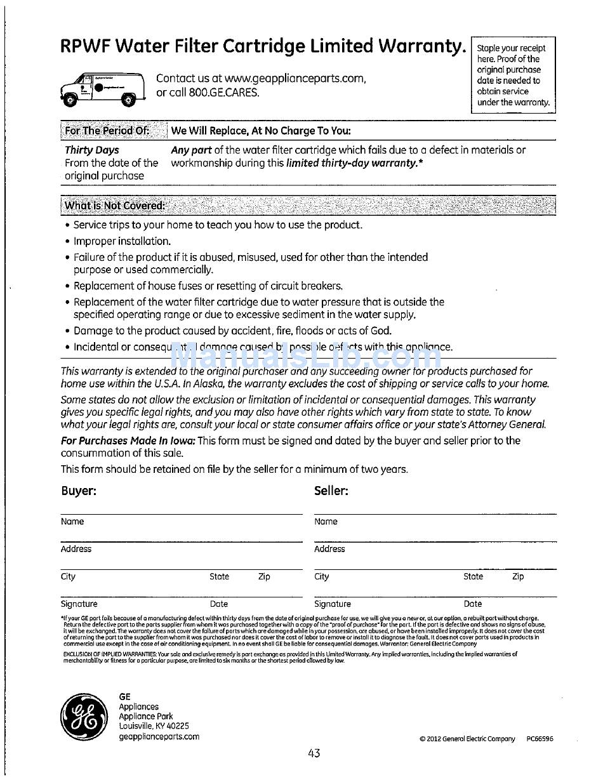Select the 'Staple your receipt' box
click(x=513, y=75)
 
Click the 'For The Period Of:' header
click(x=107, y=131)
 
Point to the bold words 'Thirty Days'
click(x=92, y=150)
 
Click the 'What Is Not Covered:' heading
click(x=115, y=206)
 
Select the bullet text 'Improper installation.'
click(x=122, y=241)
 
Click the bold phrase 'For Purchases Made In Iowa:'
click(x=128, y=440)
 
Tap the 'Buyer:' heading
click(x=79, y=491)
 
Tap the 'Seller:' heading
click(x=331, y=491)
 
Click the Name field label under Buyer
click(x=72, y=522)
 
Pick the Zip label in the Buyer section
click(x=264, y=577)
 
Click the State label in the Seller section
click(x=473, y=577)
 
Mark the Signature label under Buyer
click(x=79, y=604)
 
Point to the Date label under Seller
click(x=473, y=604)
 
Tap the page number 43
click(x=314, y=753)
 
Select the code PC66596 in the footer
click(x=540, y=739)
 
